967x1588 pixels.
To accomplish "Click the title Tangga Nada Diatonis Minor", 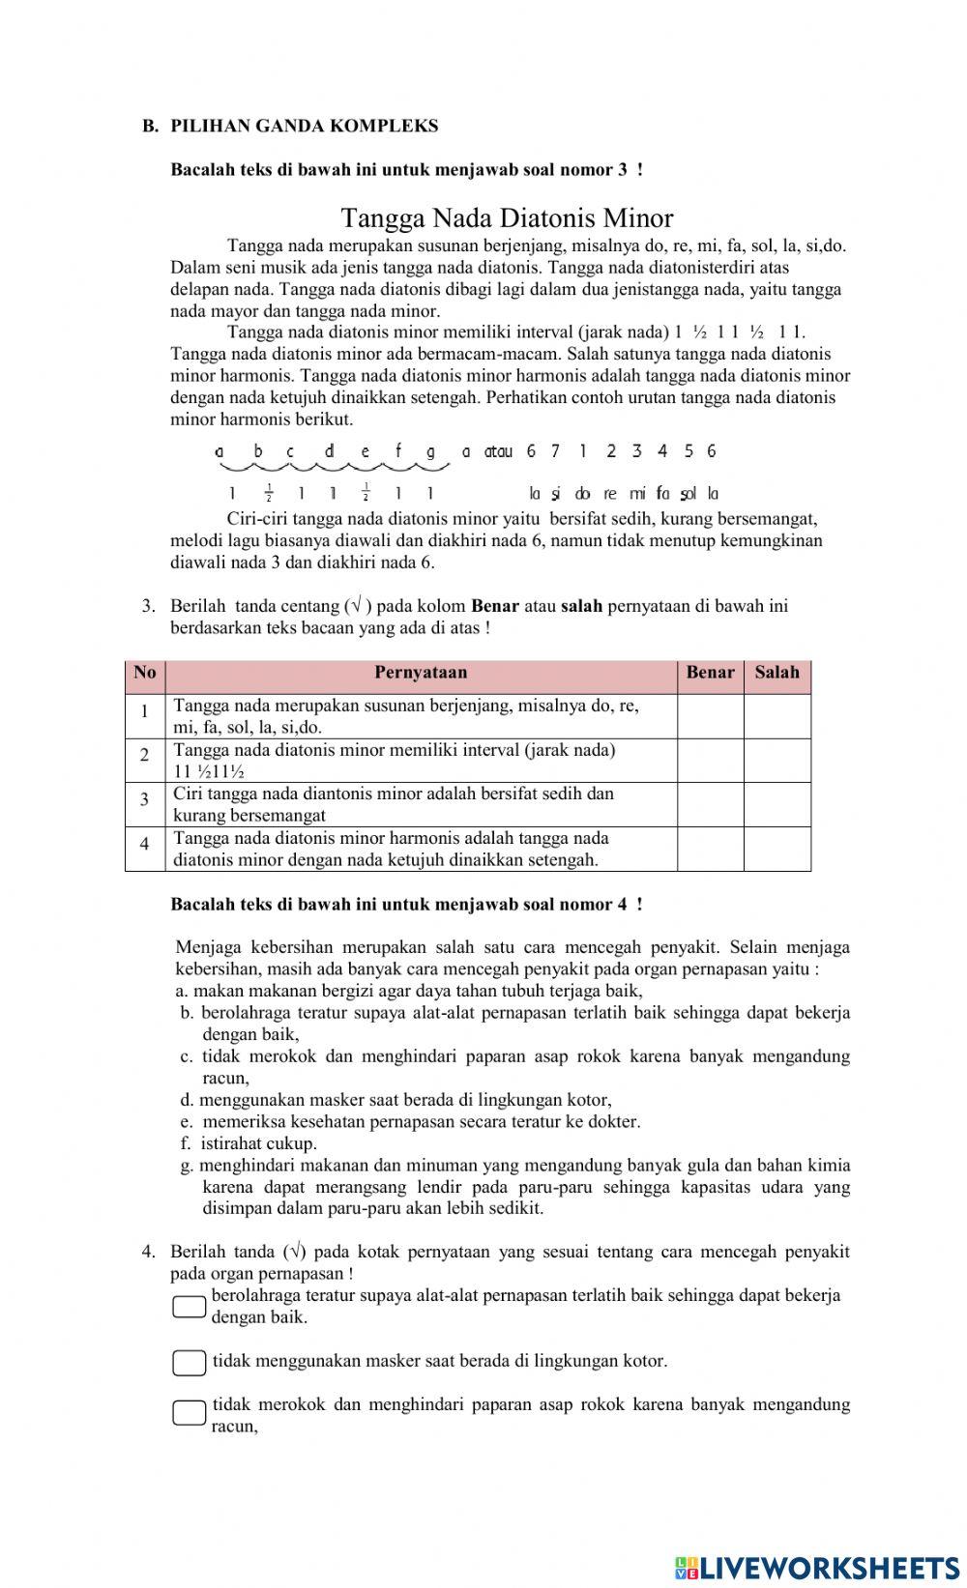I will (x=507, y=217).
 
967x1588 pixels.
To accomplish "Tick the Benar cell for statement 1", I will (x=710, y=716).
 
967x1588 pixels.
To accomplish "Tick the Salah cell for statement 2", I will (x=777, y=760).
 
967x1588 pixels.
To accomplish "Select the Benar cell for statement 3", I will (x=710, y=804).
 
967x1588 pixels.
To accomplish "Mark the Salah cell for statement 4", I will (x=777, y=849).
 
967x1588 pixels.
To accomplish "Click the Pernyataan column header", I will (x=421, y=673).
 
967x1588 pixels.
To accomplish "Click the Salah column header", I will (x=777, y=673).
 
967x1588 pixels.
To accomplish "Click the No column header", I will (x=145, y=673).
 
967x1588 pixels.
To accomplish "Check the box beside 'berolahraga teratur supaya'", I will (x=190, y=1307).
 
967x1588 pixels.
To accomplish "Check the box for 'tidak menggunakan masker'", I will (x=190, y=1363).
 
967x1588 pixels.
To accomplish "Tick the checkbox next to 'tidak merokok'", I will (x=190, y=1413).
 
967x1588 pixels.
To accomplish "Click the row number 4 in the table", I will (x=145, y=844).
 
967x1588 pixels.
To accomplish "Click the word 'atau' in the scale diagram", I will (x=498, y=451).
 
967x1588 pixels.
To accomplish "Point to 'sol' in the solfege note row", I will (x=689, y=495).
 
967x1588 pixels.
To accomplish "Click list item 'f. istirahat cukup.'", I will (x=249, y=1143).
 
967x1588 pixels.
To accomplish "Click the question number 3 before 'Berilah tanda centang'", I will (x=148, y=606).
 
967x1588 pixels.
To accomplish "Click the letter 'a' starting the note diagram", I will (x=220, y=451).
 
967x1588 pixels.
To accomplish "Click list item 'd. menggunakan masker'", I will (x=396, y=1100).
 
